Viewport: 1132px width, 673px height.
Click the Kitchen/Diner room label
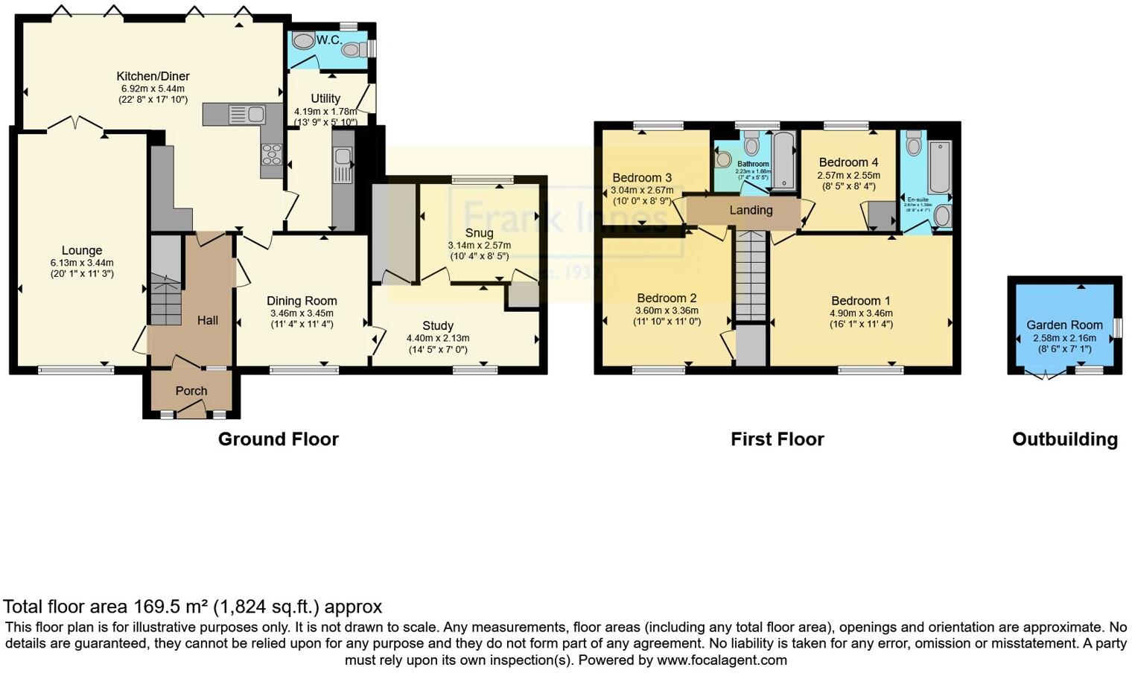coord(153,76)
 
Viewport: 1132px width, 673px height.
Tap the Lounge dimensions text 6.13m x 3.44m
coord(82,263)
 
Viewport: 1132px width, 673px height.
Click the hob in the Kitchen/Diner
coord(271,155)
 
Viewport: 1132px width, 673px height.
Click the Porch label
coord(191,391)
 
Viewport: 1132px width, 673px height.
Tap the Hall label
coord(208,320)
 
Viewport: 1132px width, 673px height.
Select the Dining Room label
coord(302,301)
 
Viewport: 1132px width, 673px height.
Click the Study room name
coord(438,325)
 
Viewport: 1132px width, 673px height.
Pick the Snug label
coord(479,233)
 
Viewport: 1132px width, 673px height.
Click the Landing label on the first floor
coord(751,210)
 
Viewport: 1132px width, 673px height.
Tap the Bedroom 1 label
coord(861,301)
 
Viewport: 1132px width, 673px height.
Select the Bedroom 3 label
coord(642,177)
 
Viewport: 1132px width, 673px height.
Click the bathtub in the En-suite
coord(939,167)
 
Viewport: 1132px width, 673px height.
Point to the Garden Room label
coord(1064,325)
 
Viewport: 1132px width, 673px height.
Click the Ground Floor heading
coord(278,439)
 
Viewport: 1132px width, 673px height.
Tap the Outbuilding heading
coord(1064,439)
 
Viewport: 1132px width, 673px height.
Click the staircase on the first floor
coord(751,275)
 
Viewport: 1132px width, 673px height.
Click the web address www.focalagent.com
coord(722,660)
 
